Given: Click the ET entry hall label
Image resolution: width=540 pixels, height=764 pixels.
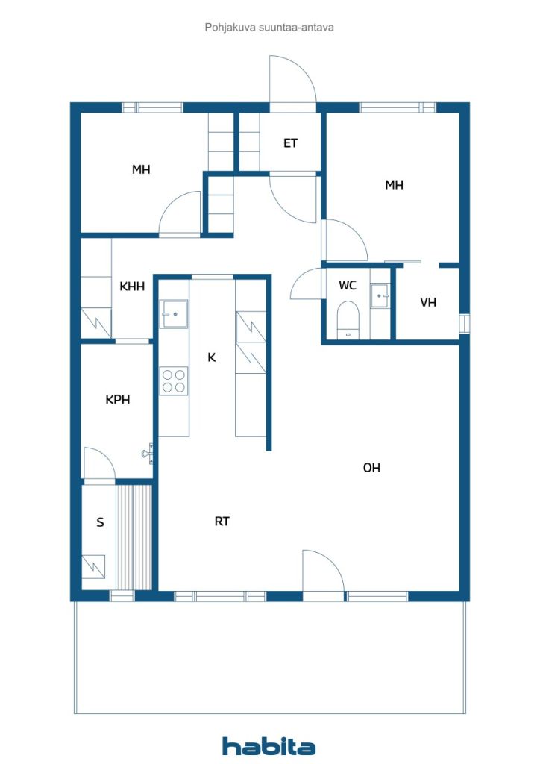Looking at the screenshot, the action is pos(290,143).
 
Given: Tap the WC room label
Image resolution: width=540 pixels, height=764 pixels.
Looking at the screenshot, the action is pos(347,286).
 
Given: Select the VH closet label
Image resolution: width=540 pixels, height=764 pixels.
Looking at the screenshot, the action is pos(428,303).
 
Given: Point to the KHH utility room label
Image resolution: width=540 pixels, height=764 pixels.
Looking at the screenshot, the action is pos(132,286).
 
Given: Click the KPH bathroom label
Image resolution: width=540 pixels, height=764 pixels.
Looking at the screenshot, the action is pos(118,400).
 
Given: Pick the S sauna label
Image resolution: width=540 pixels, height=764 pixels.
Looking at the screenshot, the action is pos(100,522).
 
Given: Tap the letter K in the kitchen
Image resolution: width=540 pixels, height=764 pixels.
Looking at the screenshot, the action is pos(211,357).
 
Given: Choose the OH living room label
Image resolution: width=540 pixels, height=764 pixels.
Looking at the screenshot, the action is pos(371,468).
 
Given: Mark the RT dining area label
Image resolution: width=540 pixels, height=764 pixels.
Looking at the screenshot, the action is pos(222,522).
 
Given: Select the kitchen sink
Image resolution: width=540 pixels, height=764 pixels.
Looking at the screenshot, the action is pos(174,314).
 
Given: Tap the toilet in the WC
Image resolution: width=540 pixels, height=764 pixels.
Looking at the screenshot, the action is pos(348,319).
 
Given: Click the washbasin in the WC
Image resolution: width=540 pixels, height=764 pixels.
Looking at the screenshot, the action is pos(380,295).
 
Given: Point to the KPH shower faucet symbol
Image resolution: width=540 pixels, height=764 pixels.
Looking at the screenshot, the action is pos(148,454).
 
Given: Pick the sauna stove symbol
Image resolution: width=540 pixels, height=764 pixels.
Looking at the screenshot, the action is pos(93,566).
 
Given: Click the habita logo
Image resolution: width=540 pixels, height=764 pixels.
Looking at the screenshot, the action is pos(269,746).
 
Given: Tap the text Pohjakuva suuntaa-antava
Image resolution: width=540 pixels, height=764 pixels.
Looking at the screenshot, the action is pos(269,28).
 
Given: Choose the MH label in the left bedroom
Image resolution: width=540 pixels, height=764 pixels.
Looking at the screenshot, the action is pos(141,169).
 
